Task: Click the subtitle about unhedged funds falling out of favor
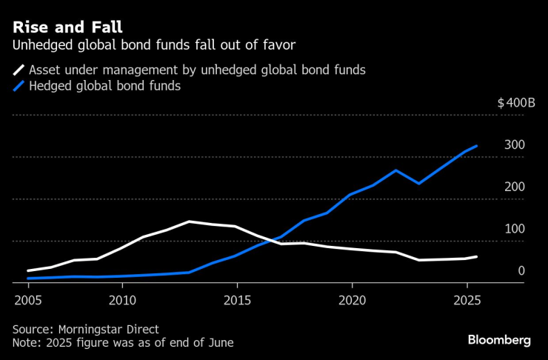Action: (x=154, y=46)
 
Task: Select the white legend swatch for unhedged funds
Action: (x=19, y=71)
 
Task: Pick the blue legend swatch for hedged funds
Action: (x=19, y=87)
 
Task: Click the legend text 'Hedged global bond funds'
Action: (x=104, y=87)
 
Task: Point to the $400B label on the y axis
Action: (x=516, y=102)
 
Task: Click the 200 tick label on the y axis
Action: (x=515, y=186)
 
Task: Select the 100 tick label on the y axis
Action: (x=515, y=228)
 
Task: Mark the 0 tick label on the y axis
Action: (x=521, y=270)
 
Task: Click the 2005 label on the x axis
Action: (x=28, y=301)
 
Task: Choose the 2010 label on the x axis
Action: (x=122, y=301)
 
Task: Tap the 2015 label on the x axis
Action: (x=237, y=301)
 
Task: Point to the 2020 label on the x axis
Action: (x=352, y=301)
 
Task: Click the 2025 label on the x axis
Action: (x=467, y=301)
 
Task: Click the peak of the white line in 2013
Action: (x=190, y=221)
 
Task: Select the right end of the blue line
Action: (x=477, y=146)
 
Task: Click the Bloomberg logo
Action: (x=499, y=339)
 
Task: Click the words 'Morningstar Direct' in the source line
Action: (x=108, y=329)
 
